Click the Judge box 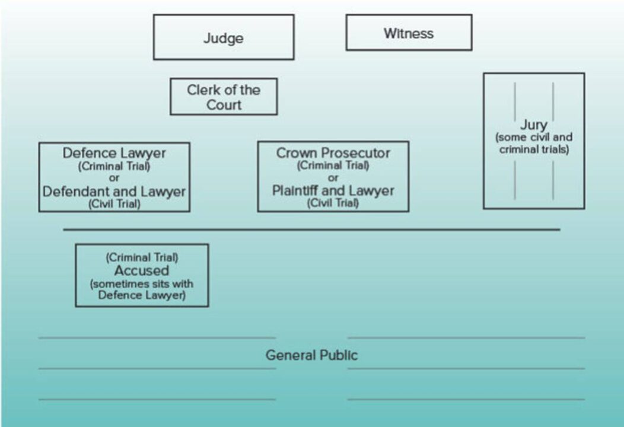click(224, 37)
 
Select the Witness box click(409, 33)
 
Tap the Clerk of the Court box click(224, 97)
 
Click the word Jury click(533, 126)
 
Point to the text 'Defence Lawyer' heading click(114, 153)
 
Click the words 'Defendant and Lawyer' click(114, 192)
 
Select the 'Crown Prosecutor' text click(333, 153)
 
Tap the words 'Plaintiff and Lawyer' click(333, 191)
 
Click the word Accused click(142, 270)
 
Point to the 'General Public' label click(311, 355)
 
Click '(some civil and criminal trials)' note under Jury click(533, 144)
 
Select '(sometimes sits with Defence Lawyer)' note click(142, 289)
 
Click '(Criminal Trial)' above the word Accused click(142, 258)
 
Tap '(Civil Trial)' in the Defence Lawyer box click(114, 204)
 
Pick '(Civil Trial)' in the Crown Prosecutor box click(333, 203)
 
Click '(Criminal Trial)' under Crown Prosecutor click(333, 165)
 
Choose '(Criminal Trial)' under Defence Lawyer click(114, 166)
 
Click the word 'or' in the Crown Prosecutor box click(333, 178)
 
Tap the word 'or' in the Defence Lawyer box click(114, 179)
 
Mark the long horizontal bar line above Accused click(311, 230)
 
